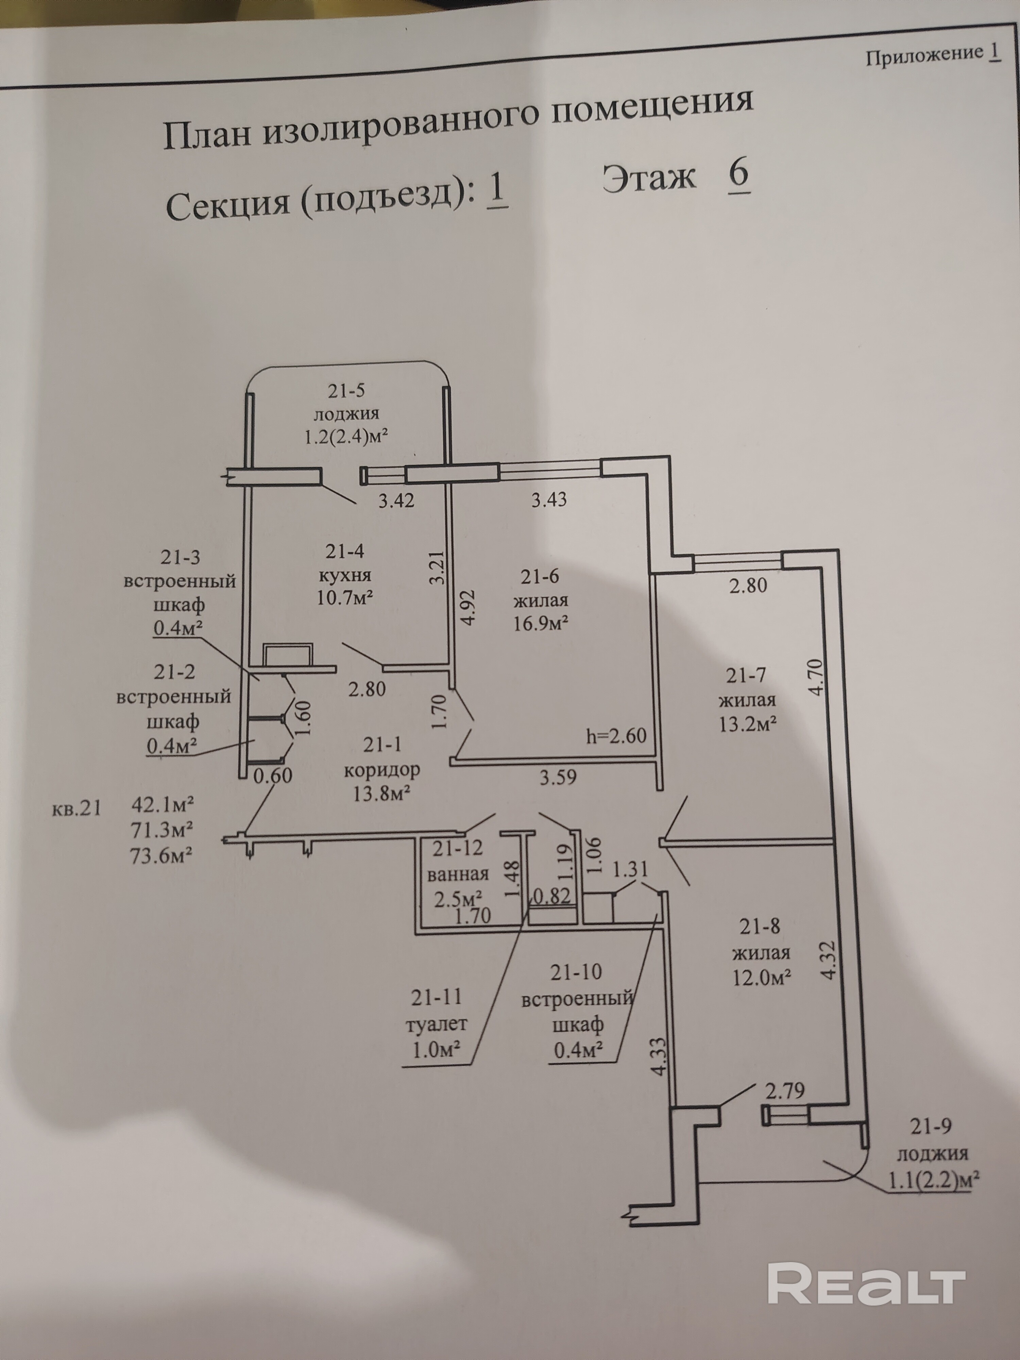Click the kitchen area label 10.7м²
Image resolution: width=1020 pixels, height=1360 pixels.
pyautogui.click(x=345, y=597)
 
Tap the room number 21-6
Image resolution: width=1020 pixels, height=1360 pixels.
pyautogui.click(x=540, y=577)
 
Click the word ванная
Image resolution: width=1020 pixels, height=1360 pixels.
pyautogui.click(x=458, y=874)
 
